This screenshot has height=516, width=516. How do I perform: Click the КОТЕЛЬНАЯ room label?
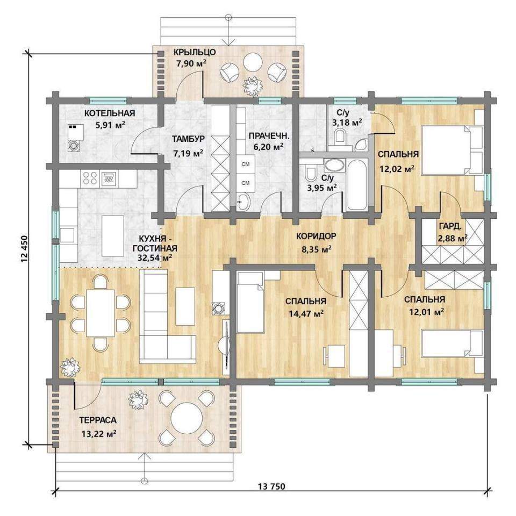(110, 113)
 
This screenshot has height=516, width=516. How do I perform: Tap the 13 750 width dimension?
(272, 486)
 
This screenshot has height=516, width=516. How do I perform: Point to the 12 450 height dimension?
(24, 249)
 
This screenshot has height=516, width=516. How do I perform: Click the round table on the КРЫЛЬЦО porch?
(253, 61)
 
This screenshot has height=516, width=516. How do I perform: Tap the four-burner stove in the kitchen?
(90, 178)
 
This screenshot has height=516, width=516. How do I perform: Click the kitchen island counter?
(112, 236)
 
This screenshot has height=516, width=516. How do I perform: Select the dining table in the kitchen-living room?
(101, 313)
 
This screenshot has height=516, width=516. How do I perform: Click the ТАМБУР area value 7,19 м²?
(188, 153)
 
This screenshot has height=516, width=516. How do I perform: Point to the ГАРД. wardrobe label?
(450, 226)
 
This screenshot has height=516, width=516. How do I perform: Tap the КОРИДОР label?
(316, 236)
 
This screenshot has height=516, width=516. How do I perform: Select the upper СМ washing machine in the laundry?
(246, 164)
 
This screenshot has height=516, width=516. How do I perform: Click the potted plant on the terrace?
(138, 399)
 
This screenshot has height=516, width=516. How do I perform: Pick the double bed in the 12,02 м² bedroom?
(453, 150)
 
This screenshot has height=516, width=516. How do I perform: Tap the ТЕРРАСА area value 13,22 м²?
(99, 434)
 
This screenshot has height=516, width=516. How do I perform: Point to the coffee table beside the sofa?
(185, 306)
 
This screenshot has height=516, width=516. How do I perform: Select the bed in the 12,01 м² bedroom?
(453, 343)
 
